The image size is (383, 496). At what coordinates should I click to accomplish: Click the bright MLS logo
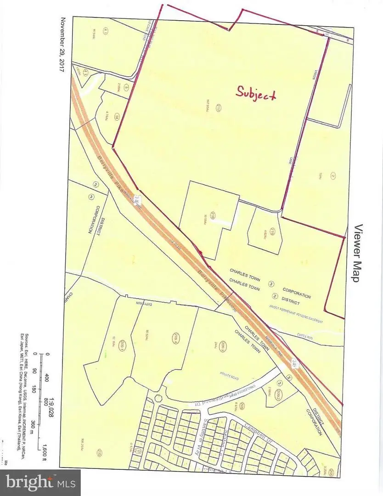point(40,482)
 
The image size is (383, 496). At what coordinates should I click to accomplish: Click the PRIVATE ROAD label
point(227,374)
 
